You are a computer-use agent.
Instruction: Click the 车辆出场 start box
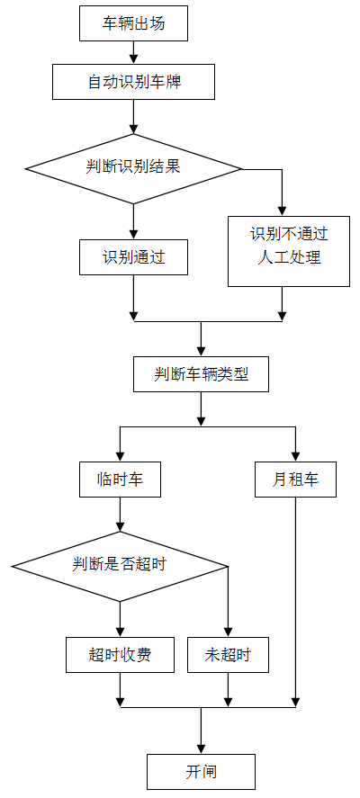pos(133,23)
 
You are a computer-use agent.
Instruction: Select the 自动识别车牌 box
pos(133,82)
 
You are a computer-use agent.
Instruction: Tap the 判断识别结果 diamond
pos(133,168)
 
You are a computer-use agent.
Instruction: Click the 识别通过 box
pos(133,257)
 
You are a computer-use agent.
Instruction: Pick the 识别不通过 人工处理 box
pos(289,251)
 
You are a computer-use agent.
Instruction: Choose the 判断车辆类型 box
pos(201,374)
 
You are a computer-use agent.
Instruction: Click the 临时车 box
pos(121,480)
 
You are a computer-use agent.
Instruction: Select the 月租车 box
pos(295,480)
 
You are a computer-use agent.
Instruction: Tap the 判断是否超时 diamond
pos(121,566)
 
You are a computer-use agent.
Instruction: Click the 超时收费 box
pos(121,654)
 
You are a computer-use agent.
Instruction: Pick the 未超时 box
pos(228,654)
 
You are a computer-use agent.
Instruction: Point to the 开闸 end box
pos(201,772)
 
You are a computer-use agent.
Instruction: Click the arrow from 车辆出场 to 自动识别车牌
pos(133,53)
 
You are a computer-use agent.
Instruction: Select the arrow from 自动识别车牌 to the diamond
pos(133,117)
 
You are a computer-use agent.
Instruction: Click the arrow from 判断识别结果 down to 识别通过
pos(133,222)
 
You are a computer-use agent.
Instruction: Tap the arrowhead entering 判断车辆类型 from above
pos(201,352)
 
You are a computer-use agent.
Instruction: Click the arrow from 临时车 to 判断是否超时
pos(121,514)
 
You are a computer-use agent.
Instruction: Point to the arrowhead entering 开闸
pos(201,749)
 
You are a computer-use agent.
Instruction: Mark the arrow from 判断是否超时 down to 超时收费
pos(121,619)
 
